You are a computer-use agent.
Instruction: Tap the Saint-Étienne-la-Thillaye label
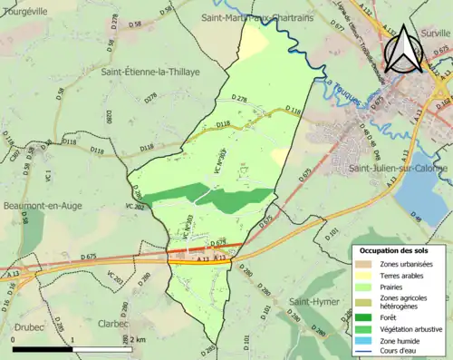[x=150, y=71]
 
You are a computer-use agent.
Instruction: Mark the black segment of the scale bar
[x=43, y=348]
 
